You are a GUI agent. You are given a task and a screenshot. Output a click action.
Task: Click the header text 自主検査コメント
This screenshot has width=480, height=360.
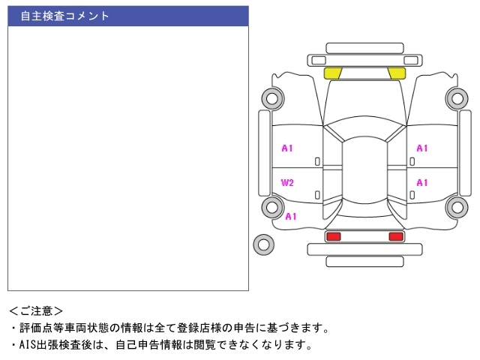(x=64, y=16)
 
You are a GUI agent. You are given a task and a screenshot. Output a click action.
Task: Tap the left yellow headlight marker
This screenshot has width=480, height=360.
(x=332, y=73)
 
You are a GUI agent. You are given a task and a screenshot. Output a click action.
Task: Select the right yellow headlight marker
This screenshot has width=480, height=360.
(x=397, y=73)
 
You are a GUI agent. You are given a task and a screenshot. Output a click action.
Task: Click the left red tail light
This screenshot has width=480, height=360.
(x=333, y=236)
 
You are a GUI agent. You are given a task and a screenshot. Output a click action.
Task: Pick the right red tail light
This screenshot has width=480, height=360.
(x=395, y=236)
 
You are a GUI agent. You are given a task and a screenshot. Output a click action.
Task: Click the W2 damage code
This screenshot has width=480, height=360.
(x=287, y=183)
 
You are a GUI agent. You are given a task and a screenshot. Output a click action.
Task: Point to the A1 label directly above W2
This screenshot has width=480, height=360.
(x=287, y=148)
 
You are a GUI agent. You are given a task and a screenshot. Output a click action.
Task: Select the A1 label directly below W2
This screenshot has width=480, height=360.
(x=291, y=217)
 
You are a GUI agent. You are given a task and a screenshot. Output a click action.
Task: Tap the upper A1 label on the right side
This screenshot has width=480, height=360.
(x=422, y=148)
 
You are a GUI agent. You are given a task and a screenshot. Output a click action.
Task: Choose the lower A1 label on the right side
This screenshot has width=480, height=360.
(x=422, y=182)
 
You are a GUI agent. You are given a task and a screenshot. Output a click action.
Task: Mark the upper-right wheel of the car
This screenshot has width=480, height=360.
(x=456, y=97)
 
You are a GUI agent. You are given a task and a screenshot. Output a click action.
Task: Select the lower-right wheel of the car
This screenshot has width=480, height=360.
(x=456, y=207)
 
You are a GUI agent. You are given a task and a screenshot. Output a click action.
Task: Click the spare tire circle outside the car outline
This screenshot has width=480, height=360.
(x=263, y=243)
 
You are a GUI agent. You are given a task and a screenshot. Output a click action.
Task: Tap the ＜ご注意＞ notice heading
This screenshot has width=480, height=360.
(x=36, y=310)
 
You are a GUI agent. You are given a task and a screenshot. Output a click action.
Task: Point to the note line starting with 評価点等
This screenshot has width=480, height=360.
(x=172, y=328)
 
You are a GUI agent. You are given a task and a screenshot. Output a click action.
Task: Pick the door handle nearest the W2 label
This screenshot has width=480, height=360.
(x=317, y=195)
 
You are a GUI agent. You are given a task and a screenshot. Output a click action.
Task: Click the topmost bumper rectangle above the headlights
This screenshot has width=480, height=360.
(x=364, y=48)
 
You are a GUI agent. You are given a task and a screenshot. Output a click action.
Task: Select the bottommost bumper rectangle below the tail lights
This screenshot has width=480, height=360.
(x=364, y=261)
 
